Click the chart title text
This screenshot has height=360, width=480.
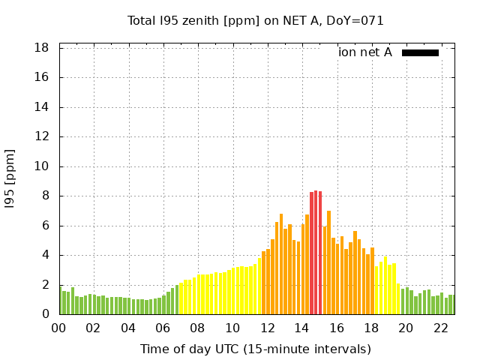256,21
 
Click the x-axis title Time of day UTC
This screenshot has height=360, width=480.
256,349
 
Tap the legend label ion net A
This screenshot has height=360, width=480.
365,52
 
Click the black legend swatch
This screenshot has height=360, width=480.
420,52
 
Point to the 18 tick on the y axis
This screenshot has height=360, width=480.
43,48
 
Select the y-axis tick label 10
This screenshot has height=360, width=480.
43,166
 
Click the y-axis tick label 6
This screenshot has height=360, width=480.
46,226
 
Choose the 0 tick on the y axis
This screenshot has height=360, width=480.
46,314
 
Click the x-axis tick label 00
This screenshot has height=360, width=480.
58,328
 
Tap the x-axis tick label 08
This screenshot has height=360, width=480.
197,328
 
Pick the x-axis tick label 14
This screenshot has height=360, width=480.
301,328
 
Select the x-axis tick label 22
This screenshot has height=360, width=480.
440,328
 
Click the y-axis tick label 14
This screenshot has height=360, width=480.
43,107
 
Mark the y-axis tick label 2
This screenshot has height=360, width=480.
46,285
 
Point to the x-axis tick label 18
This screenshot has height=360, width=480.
370,328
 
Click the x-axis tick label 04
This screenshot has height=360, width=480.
128,328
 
